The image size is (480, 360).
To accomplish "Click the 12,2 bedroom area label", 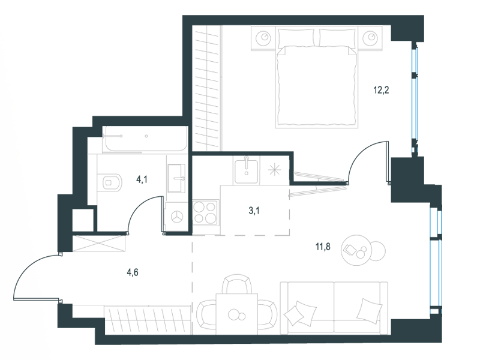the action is click(x=381, y=90).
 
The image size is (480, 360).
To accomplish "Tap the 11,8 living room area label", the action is click(x=323, y=246).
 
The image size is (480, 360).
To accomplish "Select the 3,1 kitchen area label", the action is click(x=254, y=211).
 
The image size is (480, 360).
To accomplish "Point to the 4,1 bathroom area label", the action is click(x=142, y=179).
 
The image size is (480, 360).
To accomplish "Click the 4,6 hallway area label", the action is click(x=133, y=272).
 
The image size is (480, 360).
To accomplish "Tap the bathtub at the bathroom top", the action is click(x=145, y=139).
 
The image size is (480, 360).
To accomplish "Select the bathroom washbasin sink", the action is click(x=176, y=178).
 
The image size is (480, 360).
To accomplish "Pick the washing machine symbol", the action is click(x=176, y=217).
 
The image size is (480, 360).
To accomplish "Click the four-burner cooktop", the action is click(x=205, y=213).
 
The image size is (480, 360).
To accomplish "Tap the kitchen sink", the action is click(x=247, y=170).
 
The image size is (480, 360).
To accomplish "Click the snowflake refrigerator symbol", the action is click(x=274, y=170).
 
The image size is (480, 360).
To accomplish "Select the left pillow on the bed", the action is click(x=296, y=38).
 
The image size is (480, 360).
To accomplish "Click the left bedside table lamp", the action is click(x=264, y=38).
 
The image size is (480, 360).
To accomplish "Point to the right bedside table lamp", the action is click(x=370, y=38).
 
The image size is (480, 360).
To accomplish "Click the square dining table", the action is click(x=236, y=314).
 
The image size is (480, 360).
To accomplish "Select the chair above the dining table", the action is click(x=238, y=284).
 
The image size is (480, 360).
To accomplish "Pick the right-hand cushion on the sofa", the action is click(x=370, y=310).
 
